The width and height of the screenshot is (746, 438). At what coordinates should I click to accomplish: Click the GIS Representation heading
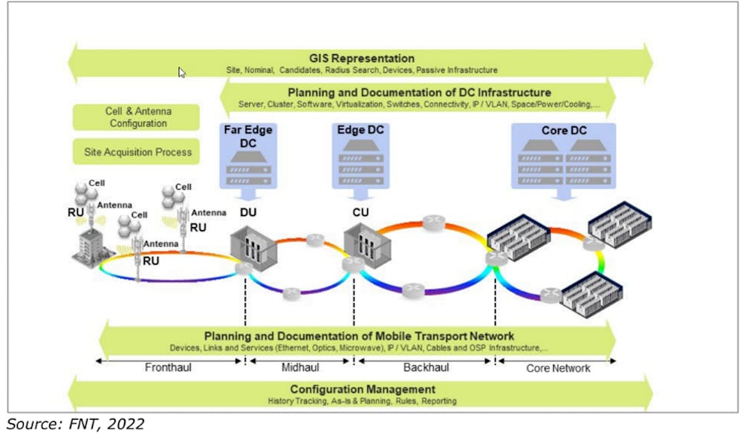coord(361,58)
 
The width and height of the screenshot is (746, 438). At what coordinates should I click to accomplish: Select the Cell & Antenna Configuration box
coord(136,117)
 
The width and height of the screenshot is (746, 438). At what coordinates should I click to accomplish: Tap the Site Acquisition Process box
coord(136,152)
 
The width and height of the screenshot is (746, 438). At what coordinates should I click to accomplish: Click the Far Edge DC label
coord(248,137)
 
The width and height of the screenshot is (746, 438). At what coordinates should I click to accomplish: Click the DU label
coord(247,213)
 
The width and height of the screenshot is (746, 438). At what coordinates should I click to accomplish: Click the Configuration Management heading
coord(362,389)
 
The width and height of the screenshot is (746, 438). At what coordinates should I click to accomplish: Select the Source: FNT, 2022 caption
coord(76,424)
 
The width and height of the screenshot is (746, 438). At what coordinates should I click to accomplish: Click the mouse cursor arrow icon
coord(182,73)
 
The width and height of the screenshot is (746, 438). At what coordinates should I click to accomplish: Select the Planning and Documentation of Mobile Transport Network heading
coord(359,336)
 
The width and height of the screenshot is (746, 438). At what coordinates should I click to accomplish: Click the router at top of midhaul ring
coord(317,239)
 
